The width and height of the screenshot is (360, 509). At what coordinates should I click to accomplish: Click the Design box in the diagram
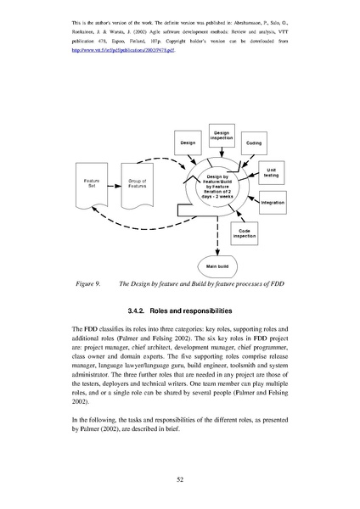(188, 143)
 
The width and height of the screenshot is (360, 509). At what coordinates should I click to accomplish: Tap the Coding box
(254, 143)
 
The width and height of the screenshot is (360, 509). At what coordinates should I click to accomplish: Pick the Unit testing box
(272, 173)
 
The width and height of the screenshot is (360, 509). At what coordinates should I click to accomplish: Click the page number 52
(180, 478)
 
